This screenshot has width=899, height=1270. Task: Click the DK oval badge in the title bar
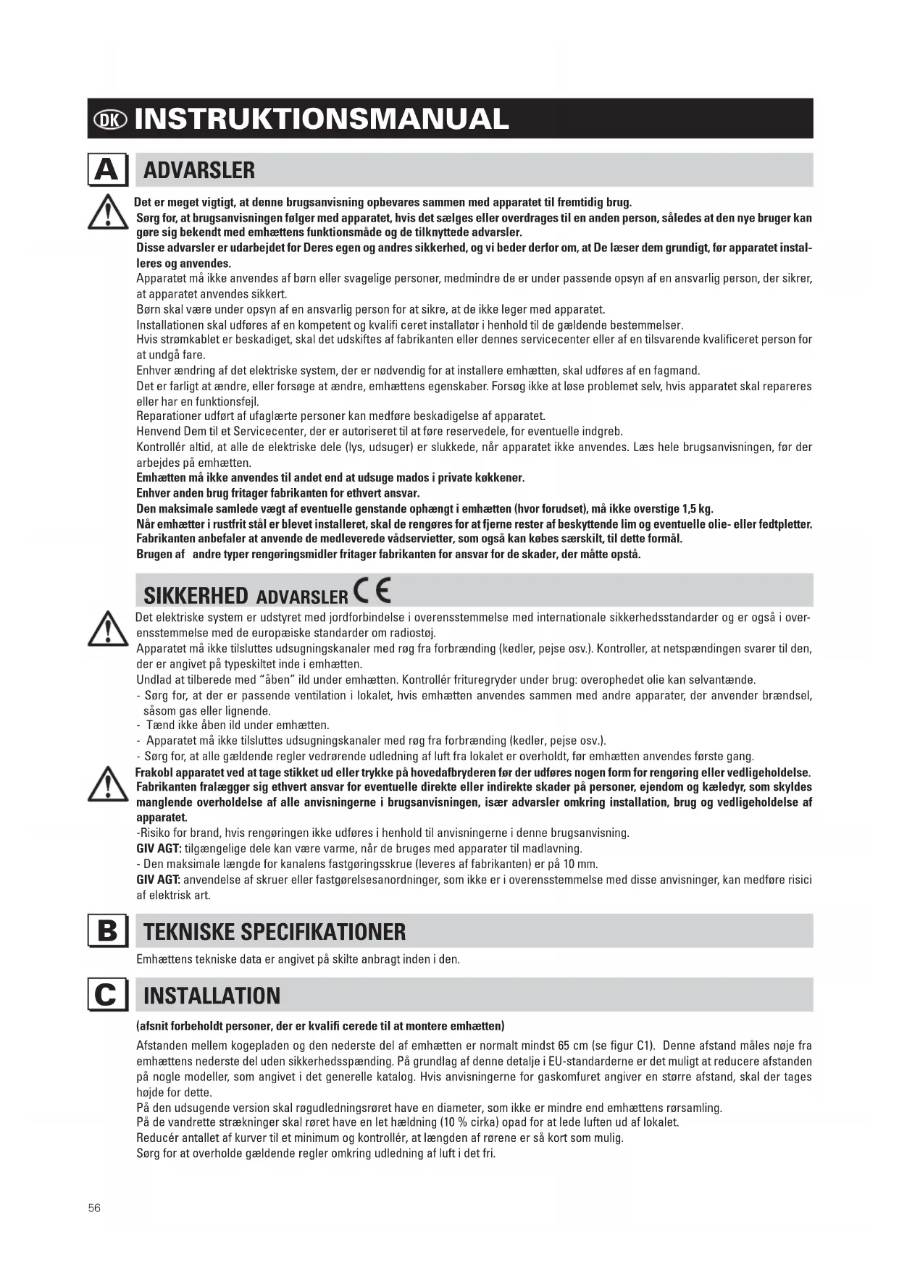(111, 119)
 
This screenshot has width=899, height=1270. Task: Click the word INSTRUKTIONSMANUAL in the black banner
(322, 119)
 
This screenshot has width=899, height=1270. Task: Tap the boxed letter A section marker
(107, 171)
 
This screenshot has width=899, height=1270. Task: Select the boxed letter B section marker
(107, 931)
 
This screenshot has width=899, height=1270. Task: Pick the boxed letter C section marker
(107, 996)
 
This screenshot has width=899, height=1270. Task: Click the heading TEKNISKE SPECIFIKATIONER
(275, 932)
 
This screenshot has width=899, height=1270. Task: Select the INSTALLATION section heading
(212, 996)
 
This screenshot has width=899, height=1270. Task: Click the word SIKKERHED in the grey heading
(196, 596)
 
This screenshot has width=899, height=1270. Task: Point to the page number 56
(94, 1208)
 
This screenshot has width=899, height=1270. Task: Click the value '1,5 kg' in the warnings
(697, 509)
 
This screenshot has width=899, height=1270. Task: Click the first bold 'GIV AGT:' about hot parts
(159, 849)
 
